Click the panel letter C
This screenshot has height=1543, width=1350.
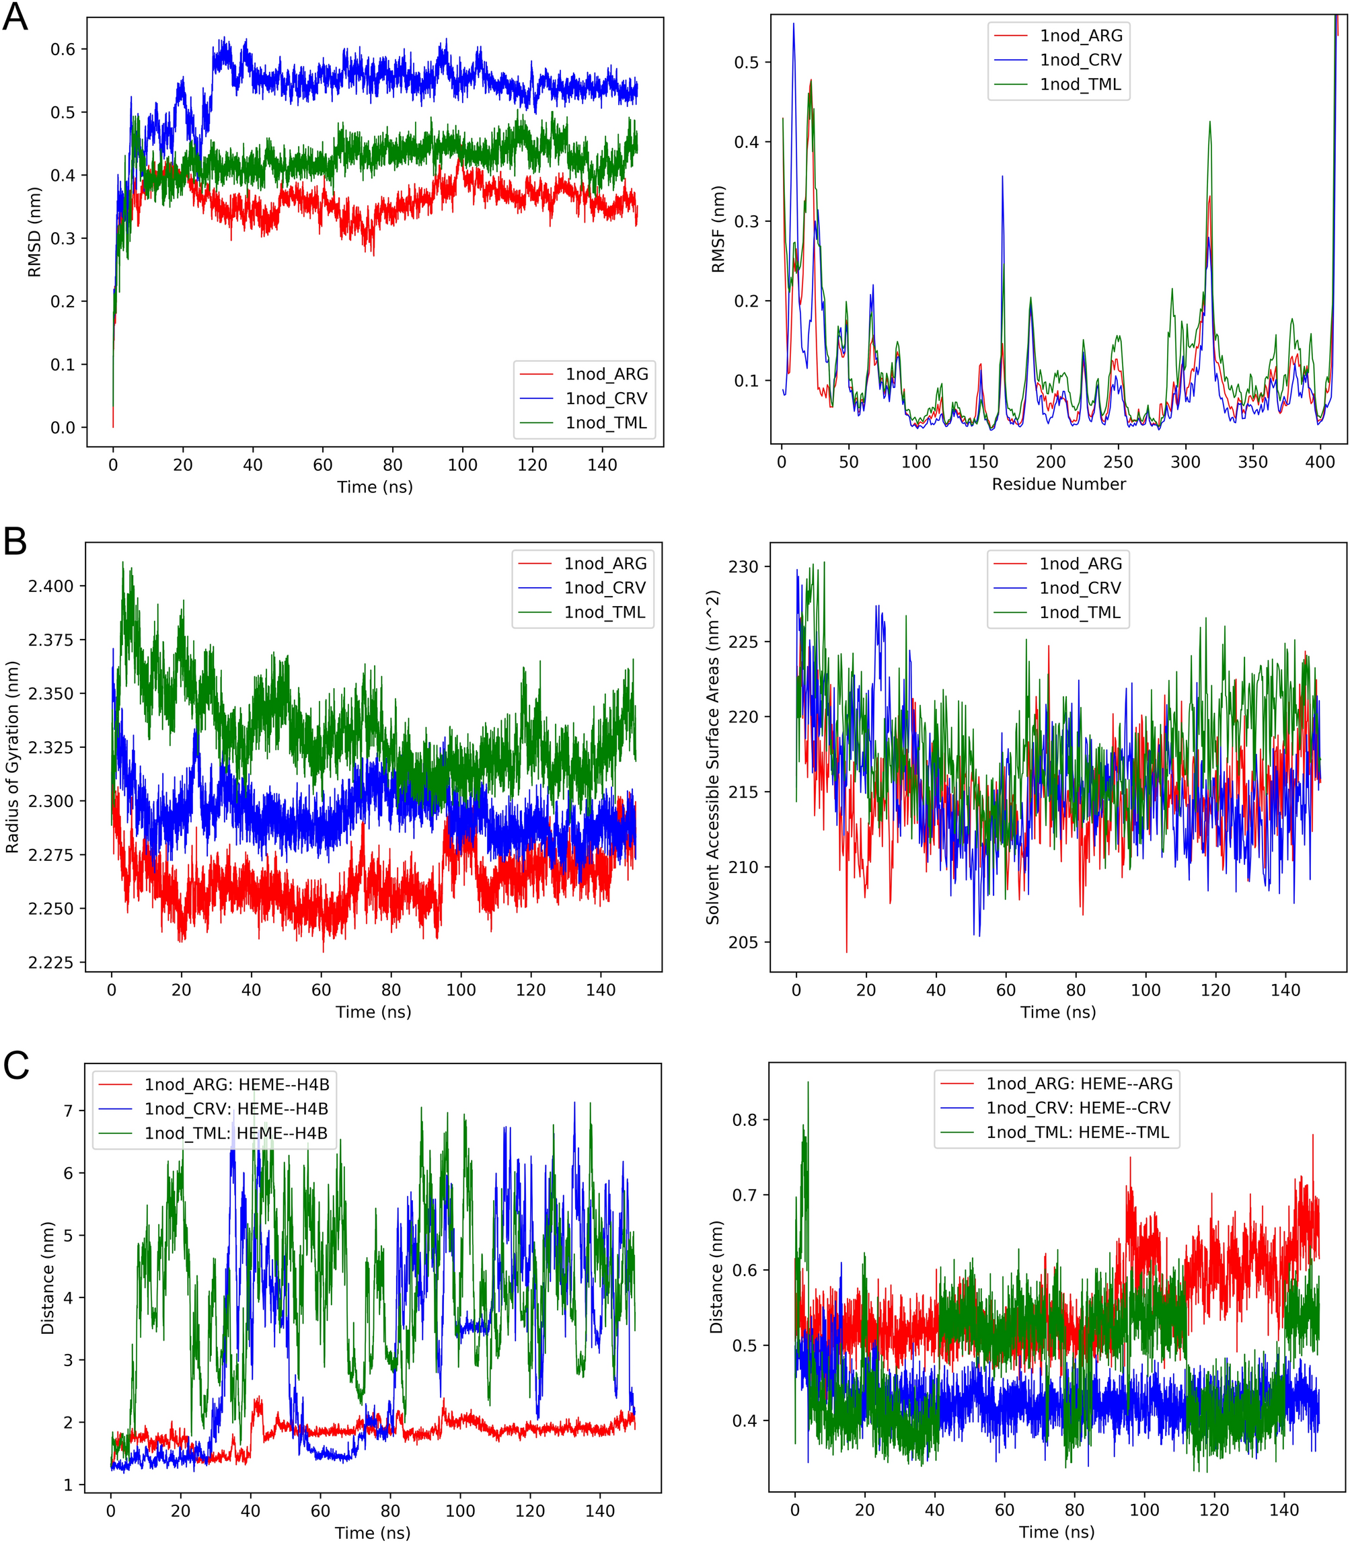pyautogui.click(x=16, y=1065)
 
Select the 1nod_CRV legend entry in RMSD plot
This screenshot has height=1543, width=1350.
pyautogui.click(x=605, y=399)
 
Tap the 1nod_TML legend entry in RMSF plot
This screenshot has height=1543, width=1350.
pyautogui.click(x=1080, y=84)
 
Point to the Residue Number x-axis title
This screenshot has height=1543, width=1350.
pyautogui.click(x=1059, y=484)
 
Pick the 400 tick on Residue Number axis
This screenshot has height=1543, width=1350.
pyautogui.click(x=1320, y=463)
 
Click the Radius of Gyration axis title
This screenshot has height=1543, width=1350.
pyautogui.click(x=12, y=757)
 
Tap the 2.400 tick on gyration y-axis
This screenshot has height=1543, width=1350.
pyautogui.click(x=51, y=586)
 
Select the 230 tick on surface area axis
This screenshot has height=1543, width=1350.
pyautogui.click(x=743, y=566)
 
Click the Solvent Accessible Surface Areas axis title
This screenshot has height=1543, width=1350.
pyautogui.click(x=712, y=757)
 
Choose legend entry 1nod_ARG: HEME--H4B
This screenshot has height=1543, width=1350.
pyautogui.click(x=237, y=1084)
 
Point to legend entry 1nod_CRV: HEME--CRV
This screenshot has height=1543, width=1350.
pyautogui.click(x=1078, y=1108)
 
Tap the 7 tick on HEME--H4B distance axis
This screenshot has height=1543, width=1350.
pyautogui.click(x=69, y=1111)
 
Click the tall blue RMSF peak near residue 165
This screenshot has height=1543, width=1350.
pyautogui.click(x=1002, y=178)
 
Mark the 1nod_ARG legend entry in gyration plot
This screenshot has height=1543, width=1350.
pyautogui.click(x=605, y=564)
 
